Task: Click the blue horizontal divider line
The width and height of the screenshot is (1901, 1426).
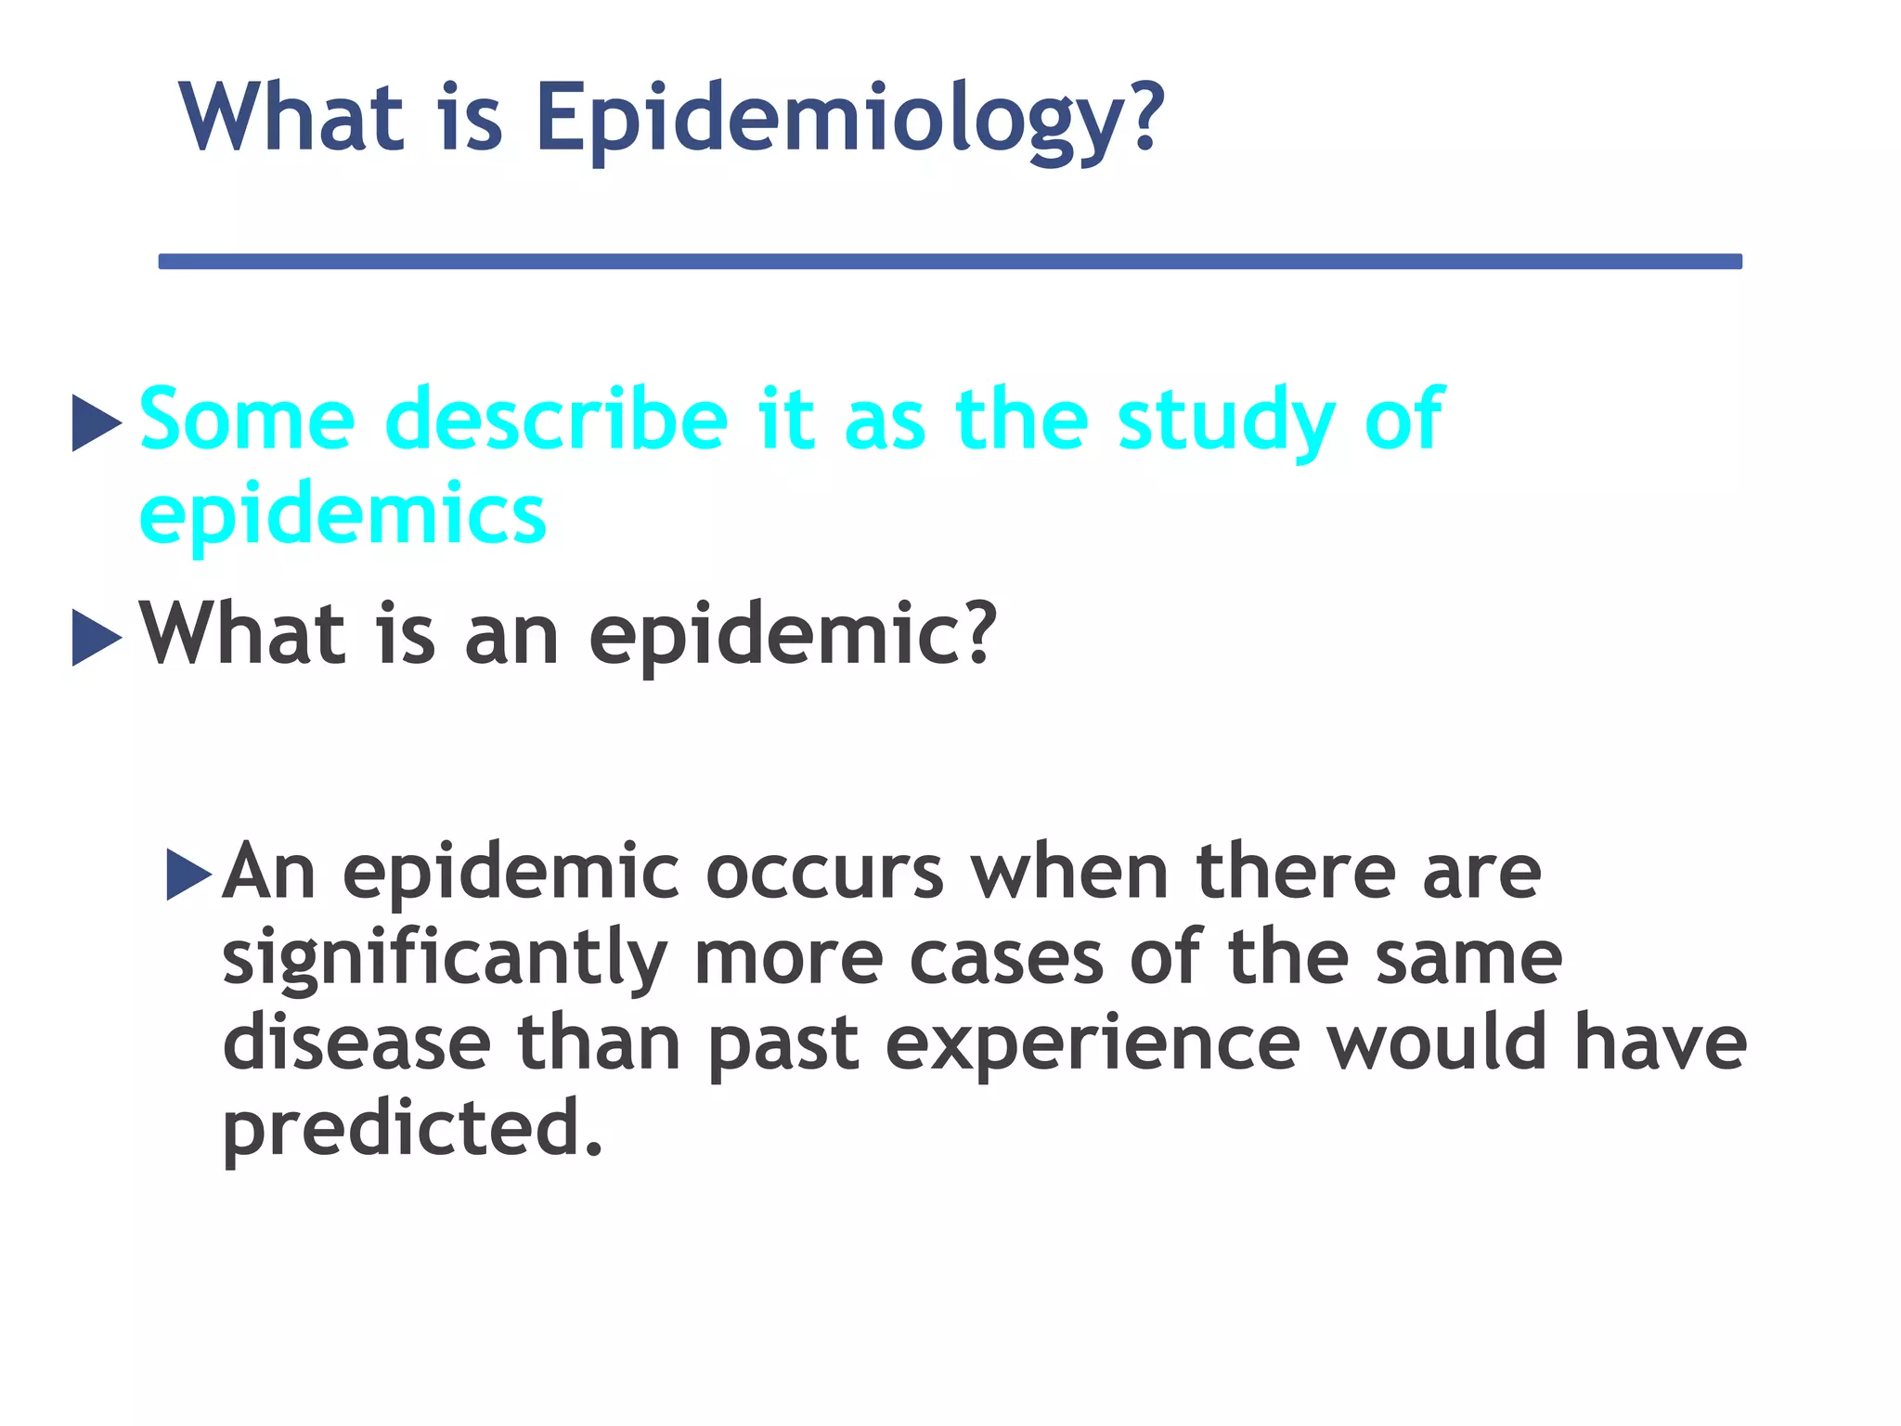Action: click(950, 262)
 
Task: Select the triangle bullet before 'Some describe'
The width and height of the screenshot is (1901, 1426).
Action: click(96, 423)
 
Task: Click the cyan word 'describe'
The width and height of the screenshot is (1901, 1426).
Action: click(556, 420)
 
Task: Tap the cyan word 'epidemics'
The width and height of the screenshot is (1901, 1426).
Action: click(343, 515)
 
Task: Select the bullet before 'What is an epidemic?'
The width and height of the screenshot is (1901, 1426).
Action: click(96, 638)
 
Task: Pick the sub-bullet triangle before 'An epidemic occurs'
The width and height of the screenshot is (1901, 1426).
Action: click(189, 874)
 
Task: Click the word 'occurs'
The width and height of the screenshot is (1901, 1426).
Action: click(824, 873)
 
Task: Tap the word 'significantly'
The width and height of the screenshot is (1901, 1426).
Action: click(445, 960)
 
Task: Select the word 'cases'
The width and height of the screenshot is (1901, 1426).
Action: click(1006, 958)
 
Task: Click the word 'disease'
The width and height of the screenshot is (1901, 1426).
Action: click(356, 1044)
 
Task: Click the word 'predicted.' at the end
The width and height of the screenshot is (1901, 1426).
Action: click(412, 1129)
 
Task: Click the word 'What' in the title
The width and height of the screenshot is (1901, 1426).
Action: click(292, 119)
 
